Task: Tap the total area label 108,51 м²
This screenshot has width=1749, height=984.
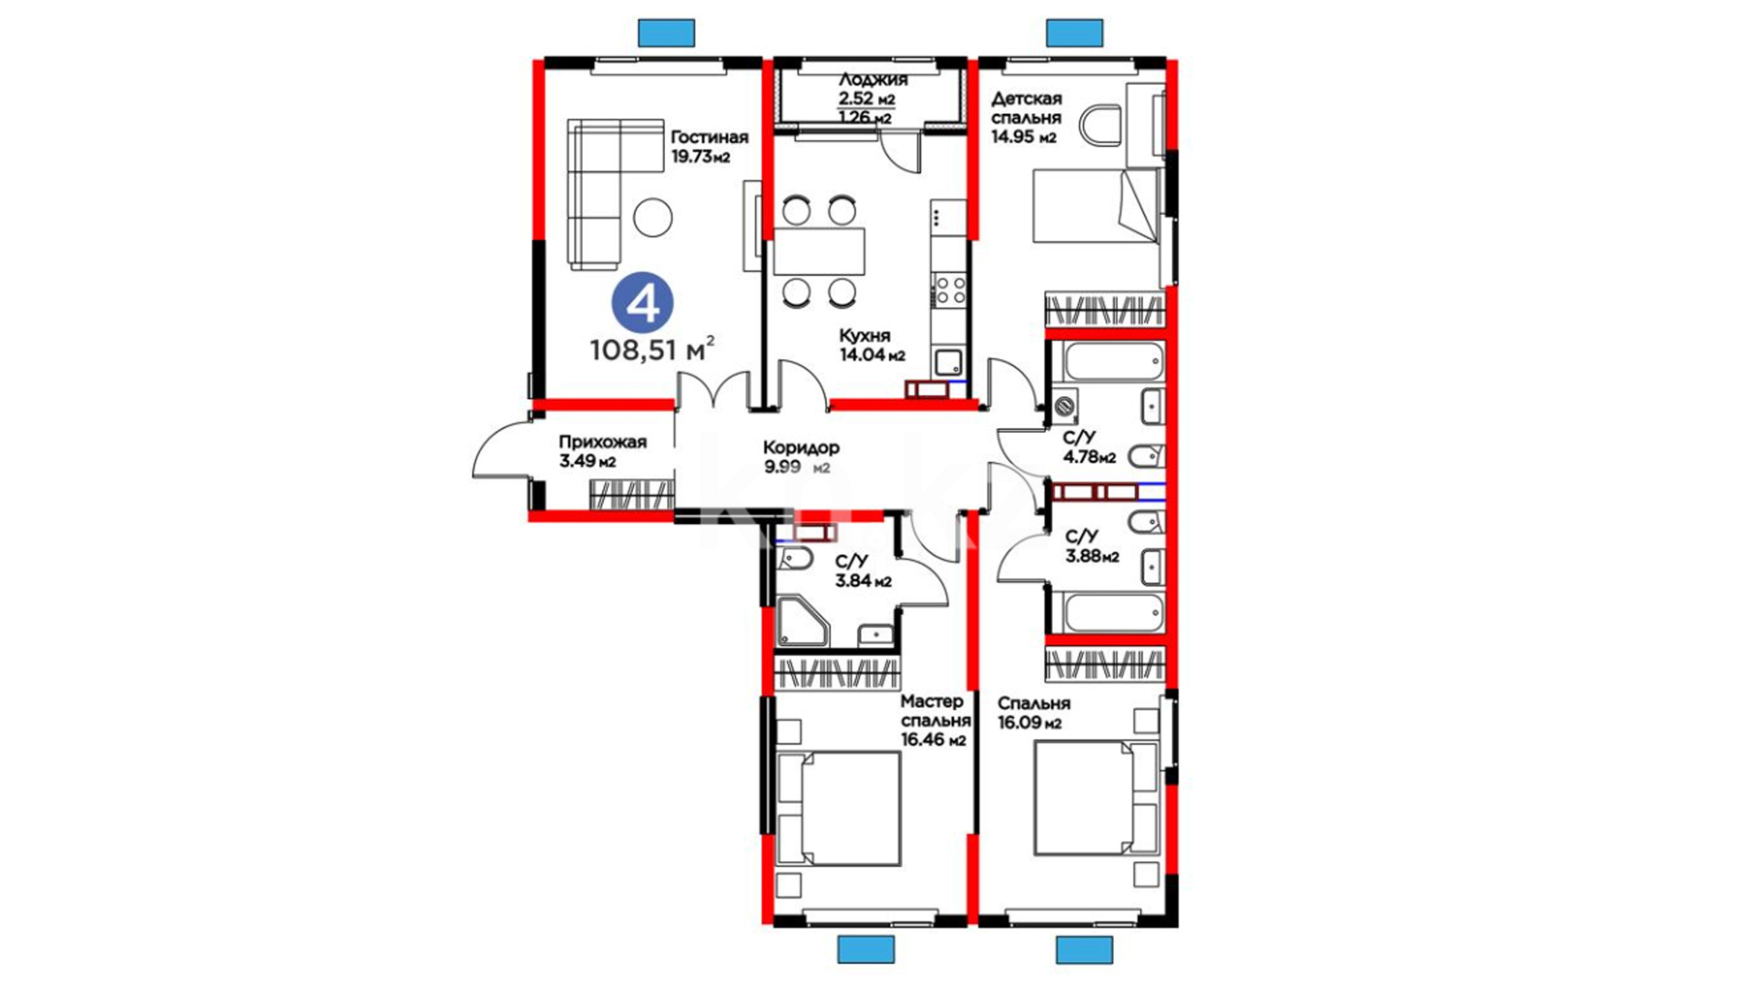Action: click(652, 349)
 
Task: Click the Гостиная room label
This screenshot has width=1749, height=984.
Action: click(710, 138)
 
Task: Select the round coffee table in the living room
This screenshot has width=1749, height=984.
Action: click(652, 218)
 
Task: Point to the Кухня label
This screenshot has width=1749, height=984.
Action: click(864, 335)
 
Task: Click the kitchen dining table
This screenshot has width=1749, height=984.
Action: click(819, 251)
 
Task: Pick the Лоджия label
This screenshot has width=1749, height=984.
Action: click(873, 79)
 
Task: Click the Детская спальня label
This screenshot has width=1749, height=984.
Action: click(1027, 108)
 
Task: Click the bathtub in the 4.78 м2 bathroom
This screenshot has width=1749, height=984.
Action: click(1112, 362)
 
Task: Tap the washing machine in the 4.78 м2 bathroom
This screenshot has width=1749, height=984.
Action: click(1064, 406)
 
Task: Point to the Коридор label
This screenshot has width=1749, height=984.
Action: click(802, 447)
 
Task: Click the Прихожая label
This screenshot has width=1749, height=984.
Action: click(603, 442)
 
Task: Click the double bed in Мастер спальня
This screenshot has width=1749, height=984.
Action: click(838, 809)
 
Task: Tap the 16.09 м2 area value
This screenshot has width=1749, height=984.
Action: click(1029, 723)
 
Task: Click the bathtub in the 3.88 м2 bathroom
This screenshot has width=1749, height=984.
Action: click(1112, 613)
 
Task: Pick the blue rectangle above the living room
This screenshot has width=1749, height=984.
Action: click(667, 33)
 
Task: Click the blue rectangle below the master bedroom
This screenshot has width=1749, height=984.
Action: click(865, 949)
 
